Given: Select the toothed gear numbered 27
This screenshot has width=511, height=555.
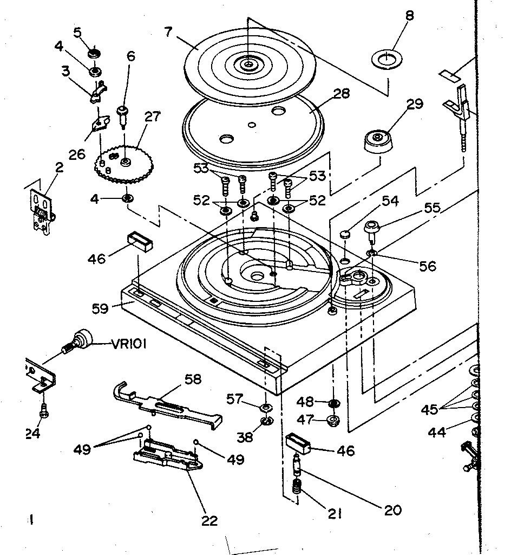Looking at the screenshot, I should click(x=124, y=163).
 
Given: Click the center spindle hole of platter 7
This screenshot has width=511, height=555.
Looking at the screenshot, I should click(x=248, y=64).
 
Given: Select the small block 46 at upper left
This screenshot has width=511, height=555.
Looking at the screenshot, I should click(x=140, y=241).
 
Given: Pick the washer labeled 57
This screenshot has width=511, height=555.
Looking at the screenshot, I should click(x=266, y=408).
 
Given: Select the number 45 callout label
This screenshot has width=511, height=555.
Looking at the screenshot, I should click(x=430, y=410).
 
